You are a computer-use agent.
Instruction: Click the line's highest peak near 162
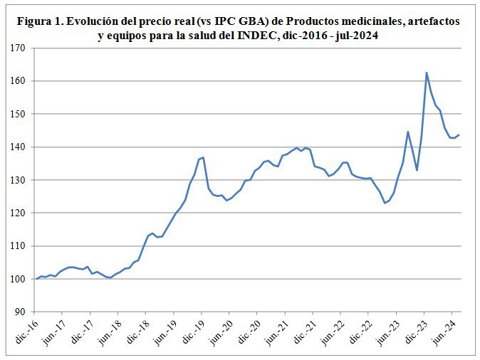pyautogui.click(x=427, y=73)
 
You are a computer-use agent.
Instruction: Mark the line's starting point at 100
pyautogui.click(x=36, y=279)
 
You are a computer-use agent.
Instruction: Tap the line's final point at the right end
pyautogui.click(x=459, y=134)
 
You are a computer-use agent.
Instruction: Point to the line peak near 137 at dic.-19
pyautogui.click(x=204, y=157)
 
